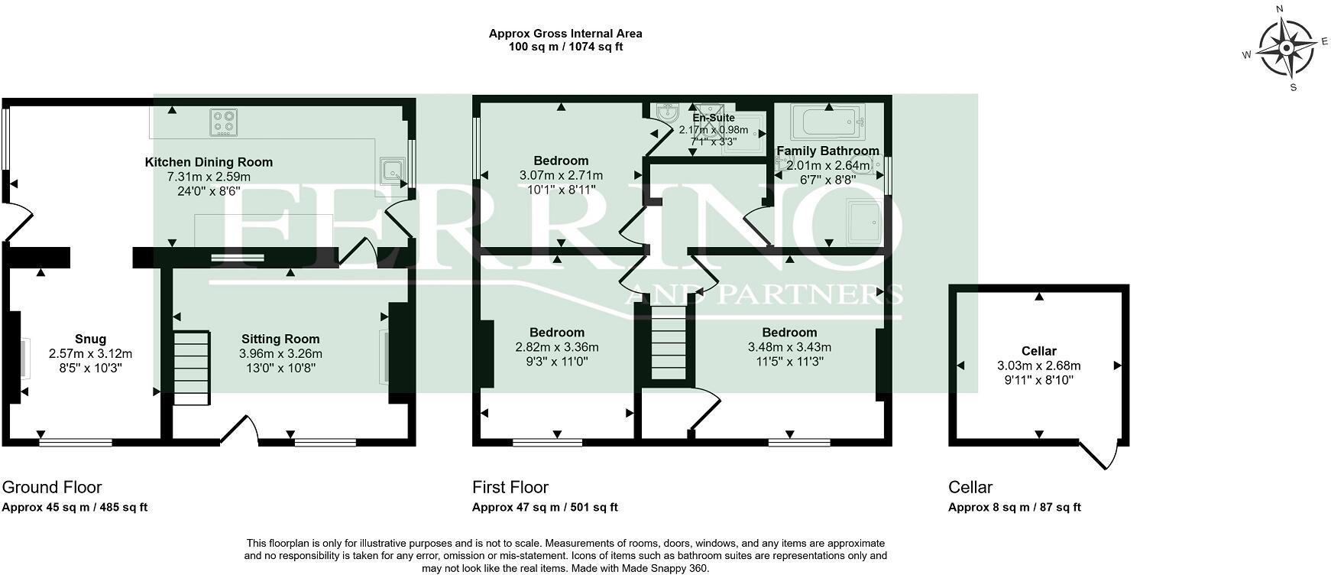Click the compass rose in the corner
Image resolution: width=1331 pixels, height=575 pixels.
pos(1286,49)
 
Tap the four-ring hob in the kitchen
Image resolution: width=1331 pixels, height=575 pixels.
pos(225,122)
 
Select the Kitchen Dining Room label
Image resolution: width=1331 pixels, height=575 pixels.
pos(209,162)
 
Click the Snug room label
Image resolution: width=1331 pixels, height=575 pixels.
pos(90,339)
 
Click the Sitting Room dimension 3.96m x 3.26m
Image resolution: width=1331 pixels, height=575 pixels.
pos(280,354)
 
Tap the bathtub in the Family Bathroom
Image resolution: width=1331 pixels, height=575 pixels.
pos(829,121)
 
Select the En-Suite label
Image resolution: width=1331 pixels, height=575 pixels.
pos(714,118)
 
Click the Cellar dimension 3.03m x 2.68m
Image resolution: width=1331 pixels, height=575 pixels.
pos(1039,365)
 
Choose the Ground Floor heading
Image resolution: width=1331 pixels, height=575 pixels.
pos(52,487)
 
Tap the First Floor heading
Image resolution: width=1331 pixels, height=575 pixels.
pos(510,487)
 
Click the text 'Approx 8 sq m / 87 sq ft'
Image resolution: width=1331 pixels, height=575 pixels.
pos(1015,507)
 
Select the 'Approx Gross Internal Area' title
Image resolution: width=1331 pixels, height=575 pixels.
pos(565,34)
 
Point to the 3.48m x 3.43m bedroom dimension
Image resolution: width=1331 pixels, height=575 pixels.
pos(789,347)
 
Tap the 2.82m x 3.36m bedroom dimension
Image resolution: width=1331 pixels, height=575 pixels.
pos(557,347)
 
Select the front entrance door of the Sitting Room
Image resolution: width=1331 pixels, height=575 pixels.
pos(240,430)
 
